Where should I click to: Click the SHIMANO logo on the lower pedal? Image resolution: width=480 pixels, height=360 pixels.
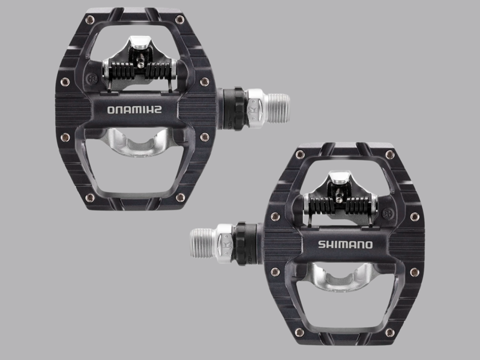pyautogui.click(x=345, y=244)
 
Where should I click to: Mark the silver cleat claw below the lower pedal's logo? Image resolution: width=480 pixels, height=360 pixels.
pyautogui.click(x=342, y=279)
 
